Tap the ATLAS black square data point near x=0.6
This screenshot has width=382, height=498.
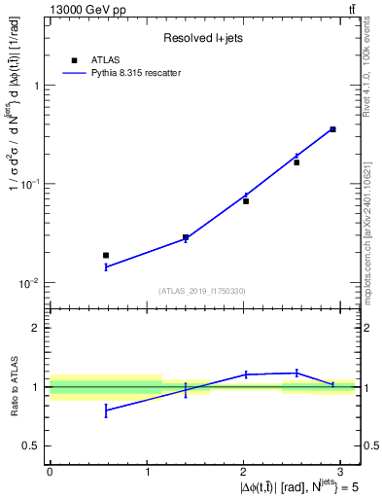click(x=106, y=255)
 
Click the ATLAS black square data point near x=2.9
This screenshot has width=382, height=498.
click(x=332, y=129)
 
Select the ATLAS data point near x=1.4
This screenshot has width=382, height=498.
click(x=186, y=237)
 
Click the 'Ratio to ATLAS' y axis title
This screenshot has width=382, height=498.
click(x=13, y=386)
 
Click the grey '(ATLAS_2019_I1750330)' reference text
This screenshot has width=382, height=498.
click(x=202, y=291)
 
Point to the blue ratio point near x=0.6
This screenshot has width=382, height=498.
click(x=106, y=410)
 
